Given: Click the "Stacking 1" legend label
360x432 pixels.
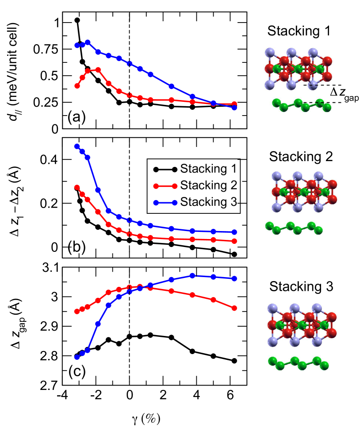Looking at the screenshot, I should click(x=209, y=169).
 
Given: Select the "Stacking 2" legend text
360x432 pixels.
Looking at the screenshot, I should click(x=209, y=185).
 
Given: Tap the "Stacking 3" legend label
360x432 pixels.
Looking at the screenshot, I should click(x=209, y=202).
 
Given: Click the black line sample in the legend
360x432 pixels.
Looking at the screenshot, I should click(x=165, y=169).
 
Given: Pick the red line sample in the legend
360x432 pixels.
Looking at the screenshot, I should click(x=165, y=185).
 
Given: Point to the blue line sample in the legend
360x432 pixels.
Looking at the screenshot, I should click(x=165, y=202).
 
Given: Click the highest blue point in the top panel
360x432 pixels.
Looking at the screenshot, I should click(x=88, y=42).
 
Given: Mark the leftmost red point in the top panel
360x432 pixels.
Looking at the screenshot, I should click(x=77, y=86).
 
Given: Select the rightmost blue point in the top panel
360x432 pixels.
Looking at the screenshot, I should click(x=234, y=108).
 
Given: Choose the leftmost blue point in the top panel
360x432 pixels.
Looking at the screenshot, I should click(x=77, y=45).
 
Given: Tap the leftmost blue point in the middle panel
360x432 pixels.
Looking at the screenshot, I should click(x=77, y=146).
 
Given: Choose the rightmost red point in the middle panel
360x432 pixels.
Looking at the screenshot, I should click(x=234, y=241).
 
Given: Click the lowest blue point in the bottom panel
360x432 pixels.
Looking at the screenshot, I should click(x=77, y=357).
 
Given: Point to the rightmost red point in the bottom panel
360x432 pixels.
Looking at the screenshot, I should click(x=234, y=308).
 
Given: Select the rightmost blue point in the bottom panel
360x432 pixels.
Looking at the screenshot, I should click(x=234, y=278).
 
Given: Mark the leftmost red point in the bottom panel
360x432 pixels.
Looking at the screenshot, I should click(x=77, y=311).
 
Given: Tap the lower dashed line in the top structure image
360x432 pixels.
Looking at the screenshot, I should click(x=318, y=103).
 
